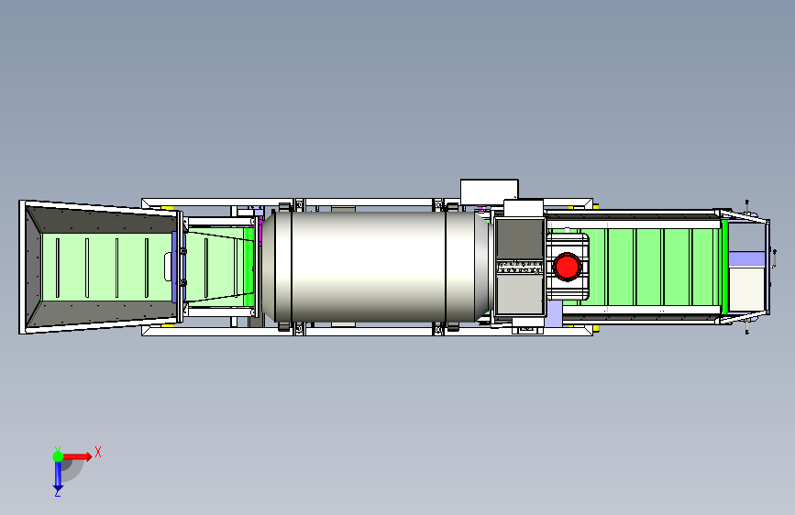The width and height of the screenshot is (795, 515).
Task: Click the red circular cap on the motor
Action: (x=567, y=267)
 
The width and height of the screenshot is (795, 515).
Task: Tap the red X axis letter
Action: (x=98, y=452)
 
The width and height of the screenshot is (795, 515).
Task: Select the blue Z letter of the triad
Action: (x=57, y=492)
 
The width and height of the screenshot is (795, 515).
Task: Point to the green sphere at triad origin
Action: (x=58, y=456)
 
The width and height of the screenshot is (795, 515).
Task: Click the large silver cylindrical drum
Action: (x=375, y=267)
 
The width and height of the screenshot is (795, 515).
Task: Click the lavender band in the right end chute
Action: (x=746, y=259)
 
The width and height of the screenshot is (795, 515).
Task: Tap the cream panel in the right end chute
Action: (x=746, y=290)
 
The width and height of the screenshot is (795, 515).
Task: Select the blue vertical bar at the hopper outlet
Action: (x=175, y=268)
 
